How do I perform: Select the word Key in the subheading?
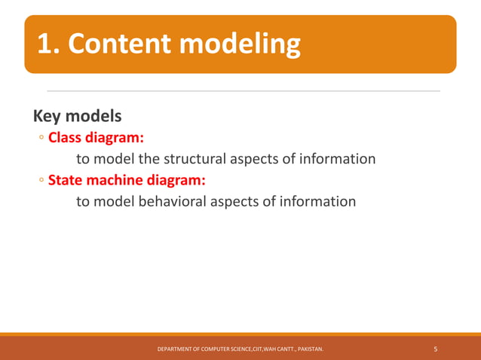[47, 117]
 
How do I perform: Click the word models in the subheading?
[93, 117]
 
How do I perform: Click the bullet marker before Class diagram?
[41, 139]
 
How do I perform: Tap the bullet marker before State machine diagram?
[41, 181]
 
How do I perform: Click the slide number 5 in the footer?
[436, 349]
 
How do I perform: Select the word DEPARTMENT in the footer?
[175, 349]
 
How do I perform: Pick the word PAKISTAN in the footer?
[308, 349]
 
